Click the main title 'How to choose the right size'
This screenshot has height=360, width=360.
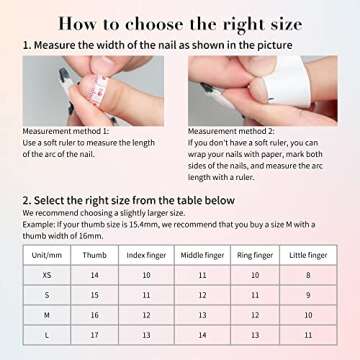[180, 22]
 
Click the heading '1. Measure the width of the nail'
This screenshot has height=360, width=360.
[158, 45]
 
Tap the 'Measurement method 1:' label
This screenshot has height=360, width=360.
[65, 130]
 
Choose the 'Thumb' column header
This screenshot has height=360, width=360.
[95, 255]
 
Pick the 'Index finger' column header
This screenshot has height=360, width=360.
[145, 255]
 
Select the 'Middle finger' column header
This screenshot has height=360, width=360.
[201, 255]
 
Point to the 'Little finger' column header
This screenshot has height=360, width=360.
[307, 255]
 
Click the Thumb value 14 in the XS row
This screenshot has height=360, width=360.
[95, 274]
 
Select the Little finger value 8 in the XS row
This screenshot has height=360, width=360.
[307, 274]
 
